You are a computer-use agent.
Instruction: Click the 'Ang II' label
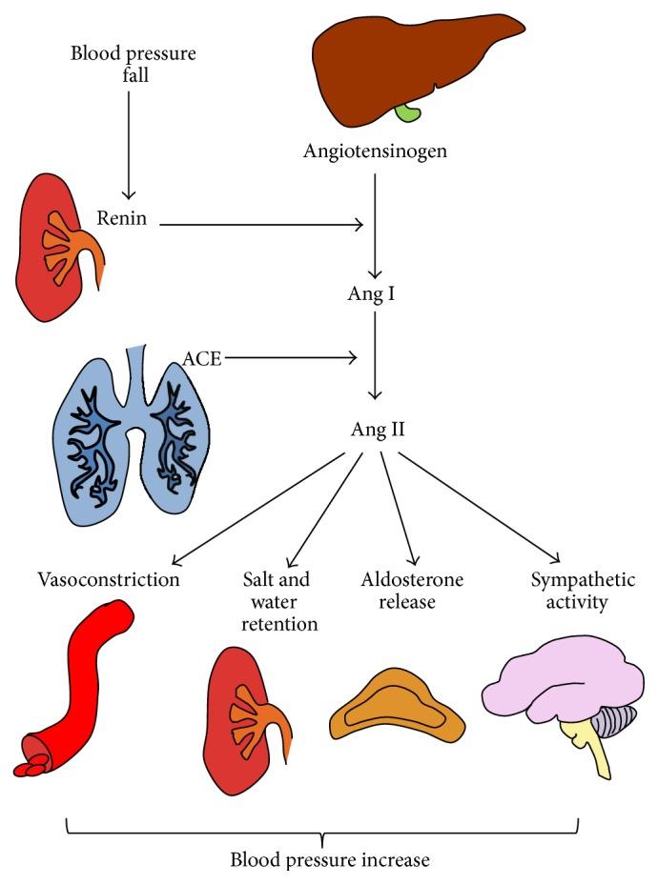[378, 430]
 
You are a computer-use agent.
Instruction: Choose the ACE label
[202, 357]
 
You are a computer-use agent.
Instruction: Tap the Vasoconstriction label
[109, 579]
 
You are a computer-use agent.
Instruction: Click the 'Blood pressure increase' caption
[330, 859]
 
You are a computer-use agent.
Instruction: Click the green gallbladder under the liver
[407, 112]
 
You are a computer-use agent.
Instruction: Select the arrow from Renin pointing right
[261, 225]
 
